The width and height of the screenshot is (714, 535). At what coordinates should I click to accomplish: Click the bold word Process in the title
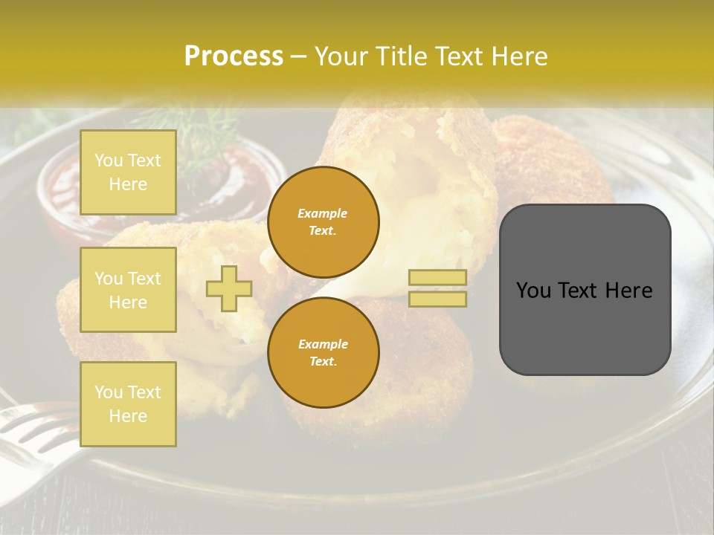(x=234, y=56)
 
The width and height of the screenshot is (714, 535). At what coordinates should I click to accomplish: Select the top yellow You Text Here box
(x=128, y=172)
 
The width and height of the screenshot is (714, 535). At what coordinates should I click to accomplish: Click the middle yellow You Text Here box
(x=128, y=290)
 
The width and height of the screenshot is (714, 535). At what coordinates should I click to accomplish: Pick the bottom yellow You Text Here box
(x=128, y=404)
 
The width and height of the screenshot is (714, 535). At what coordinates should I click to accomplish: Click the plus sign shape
(x=229, y=288)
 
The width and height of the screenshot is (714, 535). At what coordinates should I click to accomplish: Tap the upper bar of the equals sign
(x=438, y=277)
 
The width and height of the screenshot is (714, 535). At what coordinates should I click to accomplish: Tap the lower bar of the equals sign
(x=438, y=299)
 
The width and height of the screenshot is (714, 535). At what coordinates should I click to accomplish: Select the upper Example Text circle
(x=323, y=222)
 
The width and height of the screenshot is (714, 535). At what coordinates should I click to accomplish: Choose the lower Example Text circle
(x=323, y=352)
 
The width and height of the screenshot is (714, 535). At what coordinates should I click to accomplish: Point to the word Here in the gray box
(x=629, y=291)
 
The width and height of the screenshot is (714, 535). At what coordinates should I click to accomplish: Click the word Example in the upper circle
(x=323, y=213)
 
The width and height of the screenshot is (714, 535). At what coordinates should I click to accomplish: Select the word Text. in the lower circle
(x=323, y=362)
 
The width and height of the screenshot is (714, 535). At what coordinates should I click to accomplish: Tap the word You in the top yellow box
(x=108, y=160)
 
